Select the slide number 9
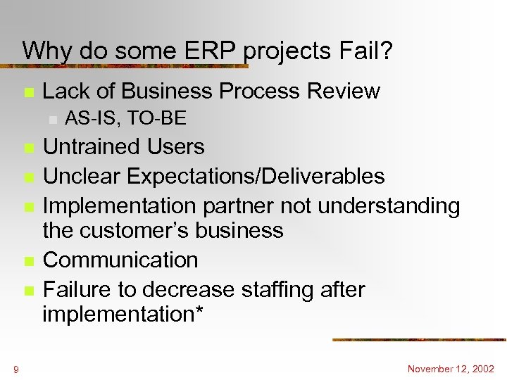point(15,369)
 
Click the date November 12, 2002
point(451,369)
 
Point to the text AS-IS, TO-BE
point(125,119)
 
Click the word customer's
point(148,230)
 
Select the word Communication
point(120,260)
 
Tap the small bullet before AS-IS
point(51,120)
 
